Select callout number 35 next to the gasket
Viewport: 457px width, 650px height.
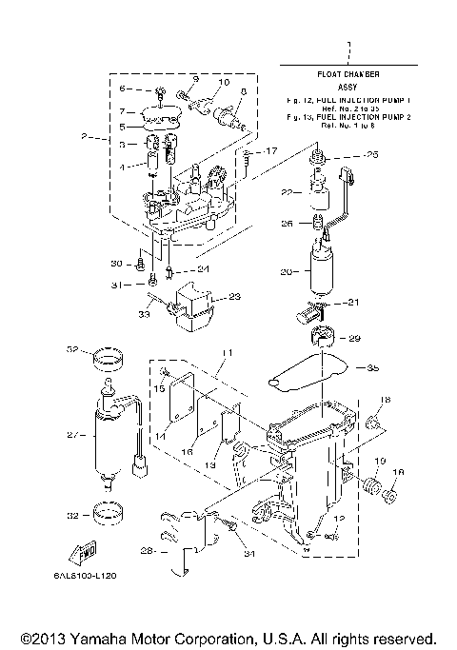(372, 367)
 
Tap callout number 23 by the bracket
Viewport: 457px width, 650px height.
(235, 297)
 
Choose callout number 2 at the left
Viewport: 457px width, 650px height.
(84, 138)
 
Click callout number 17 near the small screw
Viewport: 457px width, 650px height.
(271, 151)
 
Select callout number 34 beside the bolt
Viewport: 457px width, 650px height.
(248, 553)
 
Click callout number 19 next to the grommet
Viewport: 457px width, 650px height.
(378, 461)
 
